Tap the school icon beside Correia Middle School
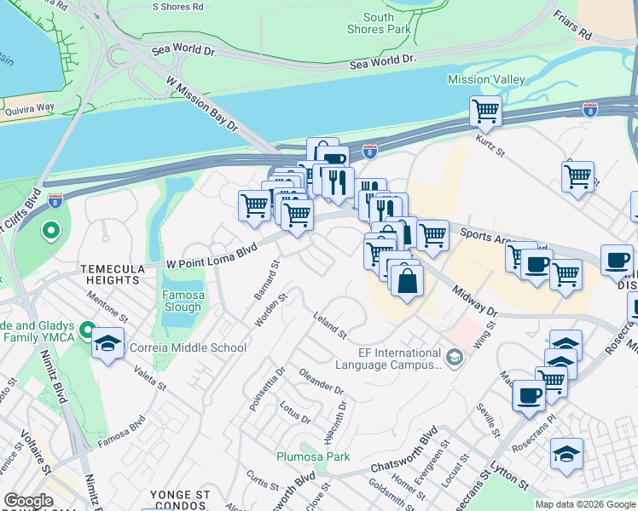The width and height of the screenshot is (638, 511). [107, 345]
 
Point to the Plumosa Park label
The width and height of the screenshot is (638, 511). [313, 456]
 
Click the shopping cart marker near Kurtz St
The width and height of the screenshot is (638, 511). [485, 111]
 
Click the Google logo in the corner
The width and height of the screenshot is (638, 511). [28, 501]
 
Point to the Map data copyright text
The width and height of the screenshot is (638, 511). [585, 504]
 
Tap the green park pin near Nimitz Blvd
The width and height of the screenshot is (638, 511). [50, 230]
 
